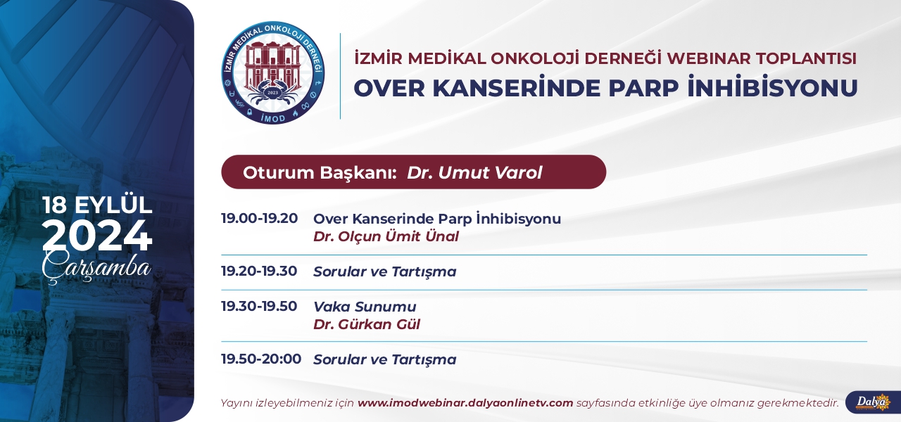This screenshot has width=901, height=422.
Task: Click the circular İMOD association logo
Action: pyautogui.click(x=273, y=72)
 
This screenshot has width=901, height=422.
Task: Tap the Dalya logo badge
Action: pyautogui.click(x=874, y=402)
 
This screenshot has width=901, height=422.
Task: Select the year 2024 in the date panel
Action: pyautogui.click(x=97, y=236)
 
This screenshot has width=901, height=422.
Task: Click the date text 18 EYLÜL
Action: pyautogui.click(x=97, y=205)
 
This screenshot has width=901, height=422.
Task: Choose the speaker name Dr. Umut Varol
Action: pyautogui.click(x=474, y=172)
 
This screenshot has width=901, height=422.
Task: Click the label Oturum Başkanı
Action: pyautogui.click(x=317, y=173)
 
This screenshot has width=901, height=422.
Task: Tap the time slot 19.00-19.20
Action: pyautogui.click(x=260, y=218)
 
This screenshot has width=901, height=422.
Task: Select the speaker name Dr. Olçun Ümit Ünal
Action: pyautogui.click(x=386, y=236)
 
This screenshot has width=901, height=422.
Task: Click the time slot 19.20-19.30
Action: pyautogui.click(x=259, y=271)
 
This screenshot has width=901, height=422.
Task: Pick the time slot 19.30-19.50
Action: pyautogui.click(x=259, y=306)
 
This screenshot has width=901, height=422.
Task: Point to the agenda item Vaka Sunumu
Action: pyautogui.click(x=365, y=307)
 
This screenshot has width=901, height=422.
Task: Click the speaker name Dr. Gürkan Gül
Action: pyautogui.click(x=367, y=324)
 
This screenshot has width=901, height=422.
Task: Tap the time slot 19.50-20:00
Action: pyautogui.click(x=261, y=359)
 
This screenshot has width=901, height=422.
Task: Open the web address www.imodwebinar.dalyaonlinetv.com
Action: pyautogui.click(x=465, y=403)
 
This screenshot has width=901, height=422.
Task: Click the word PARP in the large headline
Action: pyautogui.click(x=643, y=88)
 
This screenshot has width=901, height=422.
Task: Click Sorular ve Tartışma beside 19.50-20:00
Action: pyautogui.click(x=385, y=360)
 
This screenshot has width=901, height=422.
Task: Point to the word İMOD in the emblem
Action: pyautogui.click(x=273, y=117)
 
